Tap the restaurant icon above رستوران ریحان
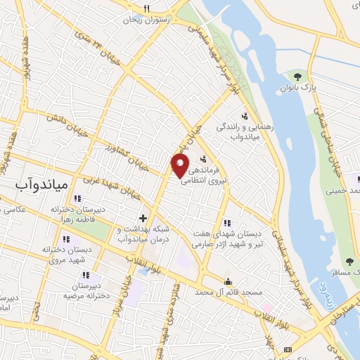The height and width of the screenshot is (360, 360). [147, 8]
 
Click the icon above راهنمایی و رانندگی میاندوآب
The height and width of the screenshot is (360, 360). [245, 115]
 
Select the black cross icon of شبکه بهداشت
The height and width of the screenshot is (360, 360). [143, 218]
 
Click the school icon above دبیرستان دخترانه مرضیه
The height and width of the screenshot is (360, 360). [77, 276]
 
